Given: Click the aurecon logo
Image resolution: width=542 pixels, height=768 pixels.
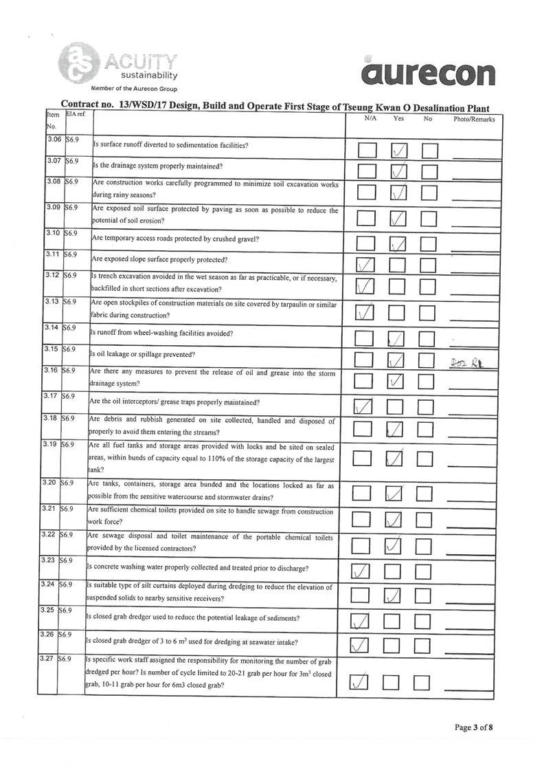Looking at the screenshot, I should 430,71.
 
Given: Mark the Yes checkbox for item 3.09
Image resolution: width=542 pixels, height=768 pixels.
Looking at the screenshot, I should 398,218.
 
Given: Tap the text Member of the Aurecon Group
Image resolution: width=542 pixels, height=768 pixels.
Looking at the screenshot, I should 135,89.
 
